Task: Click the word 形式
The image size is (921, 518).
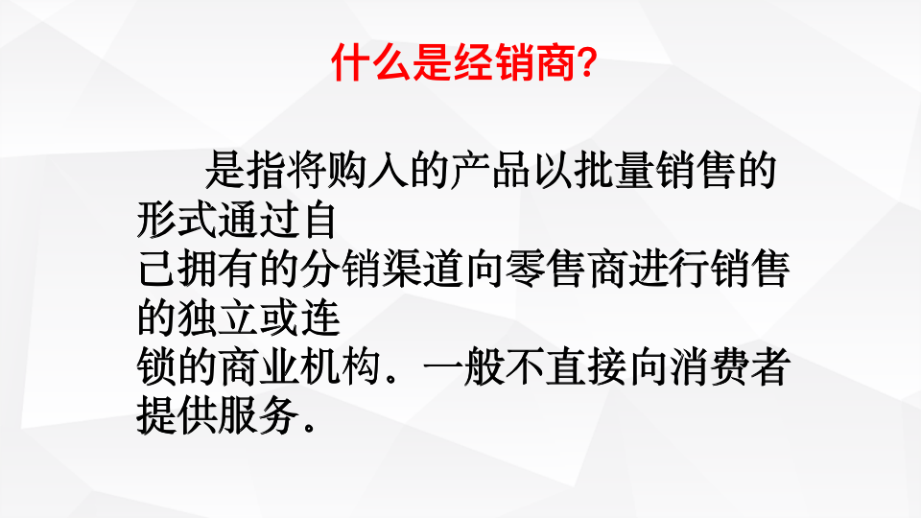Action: click(174, 220)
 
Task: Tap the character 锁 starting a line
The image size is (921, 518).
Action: click(153, 368)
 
